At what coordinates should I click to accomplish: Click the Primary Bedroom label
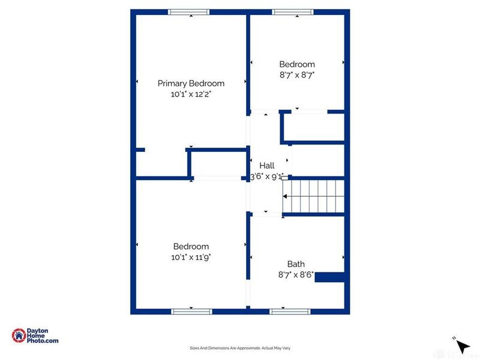pyautogui.click(x=191, y=83)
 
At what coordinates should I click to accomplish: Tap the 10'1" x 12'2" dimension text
pyautogui.click(x=191, y=94)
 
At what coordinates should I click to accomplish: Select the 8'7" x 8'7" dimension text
pyautogui.click(x=297, y=75)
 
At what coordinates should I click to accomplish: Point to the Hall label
pyautogui.click(x=266, y=166)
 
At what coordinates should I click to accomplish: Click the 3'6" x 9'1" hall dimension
pyautogui.click(x=266, y=177)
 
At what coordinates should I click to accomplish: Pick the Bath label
pyautogui.click(x=296, y=264)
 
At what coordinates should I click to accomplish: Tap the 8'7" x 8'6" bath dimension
pyautogui.click(x=296, y=275)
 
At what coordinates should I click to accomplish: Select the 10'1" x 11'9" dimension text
pyautogui.click(x=191, y=257)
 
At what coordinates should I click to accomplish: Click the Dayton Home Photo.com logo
pyautogui.click(x=35, y=337)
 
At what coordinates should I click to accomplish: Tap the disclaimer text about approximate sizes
pyautogui.click(x=240, y=348)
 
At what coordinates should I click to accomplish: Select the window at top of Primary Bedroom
pyautogui.click(x=188, y=11)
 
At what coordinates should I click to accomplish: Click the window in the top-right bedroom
pyautogui.click(x=293, y=11)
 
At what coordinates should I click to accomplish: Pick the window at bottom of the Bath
pyautogui.click(x=290, y=311)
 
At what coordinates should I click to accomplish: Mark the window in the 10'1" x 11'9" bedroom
pyautogui.click(x=192, y=311)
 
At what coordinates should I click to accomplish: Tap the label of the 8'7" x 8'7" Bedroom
pyautogui.click(x=297, y=64)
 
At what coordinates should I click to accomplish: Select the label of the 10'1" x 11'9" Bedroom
pyautogui.click(x=191, y=247)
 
